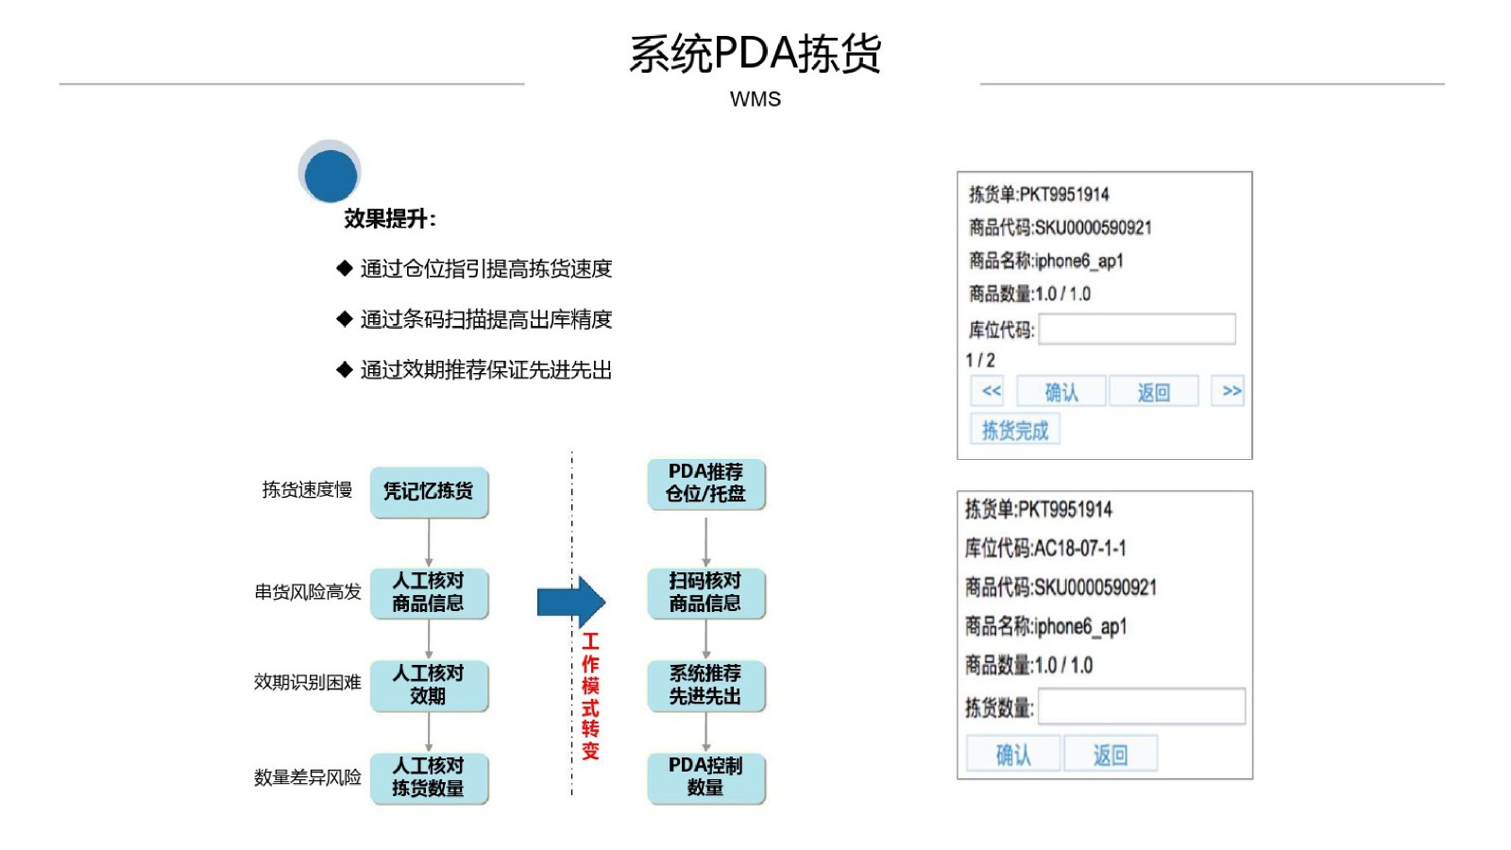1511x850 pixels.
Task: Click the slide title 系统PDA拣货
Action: click(x=755, y=53)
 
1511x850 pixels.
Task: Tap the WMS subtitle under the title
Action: click(x=755, y=99)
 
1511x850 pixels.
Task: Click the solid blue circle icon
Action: click(x=331, y=176)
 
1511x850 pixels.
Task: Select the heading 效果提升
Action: click(x=390, y=218)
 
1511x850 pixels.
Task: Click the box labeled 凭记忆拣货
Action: click(x=429, y=492)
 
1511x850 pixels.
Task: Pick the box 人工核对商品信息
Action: click(x=429, y=593)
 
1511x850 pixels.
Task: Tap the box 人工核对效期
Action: click(x=429, y=686)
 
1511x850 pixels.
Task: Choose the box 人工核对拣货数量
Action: click(x=429, y=778)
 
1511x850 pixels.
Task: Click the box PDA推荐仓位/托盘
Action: click(x=706, y=484)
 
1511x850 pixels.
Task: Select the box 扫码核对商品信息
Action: click(x=706, y=593)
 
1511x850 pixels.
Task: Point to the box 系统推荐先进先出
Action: click(x=706, y=686)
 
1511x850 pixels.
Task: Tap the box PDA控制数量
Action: click(x=706, y=778)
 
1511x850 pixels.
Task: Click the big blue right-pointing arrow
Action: click(x=570, y=602)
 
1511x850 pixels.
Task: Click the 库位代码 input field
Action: click(x=1137, y=330)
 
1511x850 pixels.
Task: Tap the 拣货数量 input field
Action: click(x=1142, y=706)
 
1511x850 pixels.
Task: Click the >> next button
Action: click(x=1228, y=391)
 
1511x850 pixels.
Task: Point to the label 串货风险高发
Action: click(x=308, y=592)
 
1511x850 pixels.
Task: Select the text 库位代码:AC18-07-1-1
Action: click(x=1044, y=549)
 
